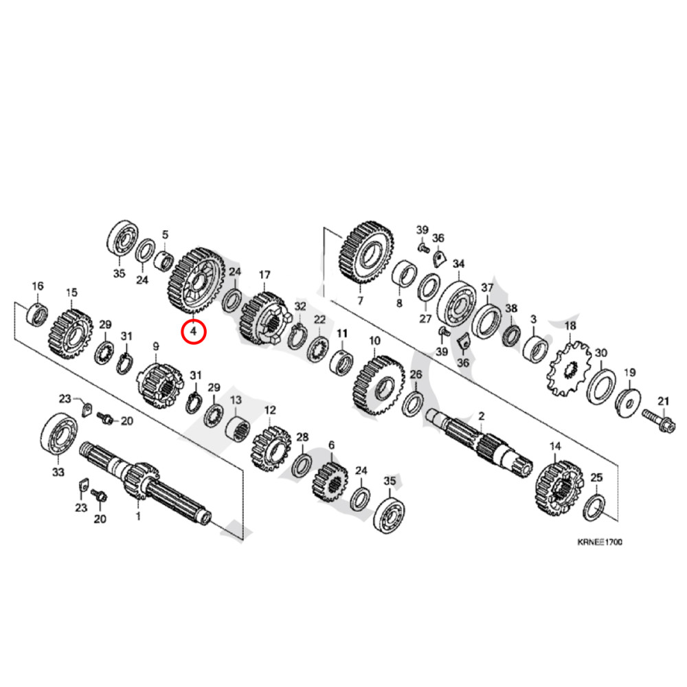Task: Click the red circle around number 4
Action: click(x=193, y=332)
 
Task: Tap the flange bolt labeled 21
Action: click(x=656, y=416)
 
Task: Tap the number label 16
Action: click(x=38, y=286)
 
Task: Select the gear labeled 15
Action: click(x=71, y=333)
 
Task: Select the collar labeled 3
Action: click(x=537, y=346)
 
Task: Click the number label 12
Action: click(x=269, y=410)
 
